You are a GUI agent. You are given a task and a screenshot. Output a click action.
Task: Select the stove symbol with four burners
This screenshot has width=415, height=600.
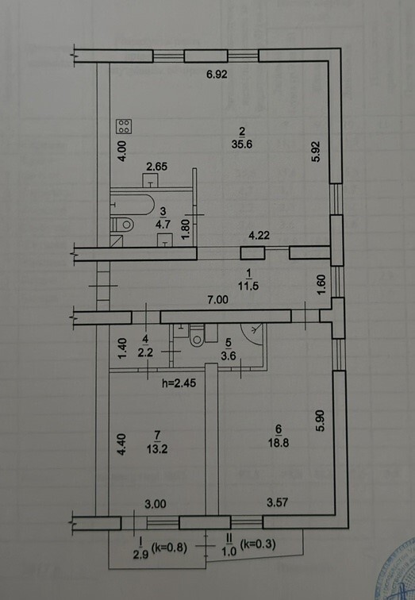(125, 125)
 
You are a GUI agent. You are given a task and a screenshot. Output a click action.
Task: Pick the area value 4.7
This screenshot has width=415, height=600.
(161, 224)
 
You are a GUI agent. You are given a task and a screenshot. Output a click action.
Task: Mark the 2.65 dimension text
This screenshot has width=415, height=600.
(158, 167)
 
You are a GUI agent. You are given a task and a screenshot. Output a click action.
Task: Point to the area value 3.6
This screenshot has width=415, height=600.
(227, 355)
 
